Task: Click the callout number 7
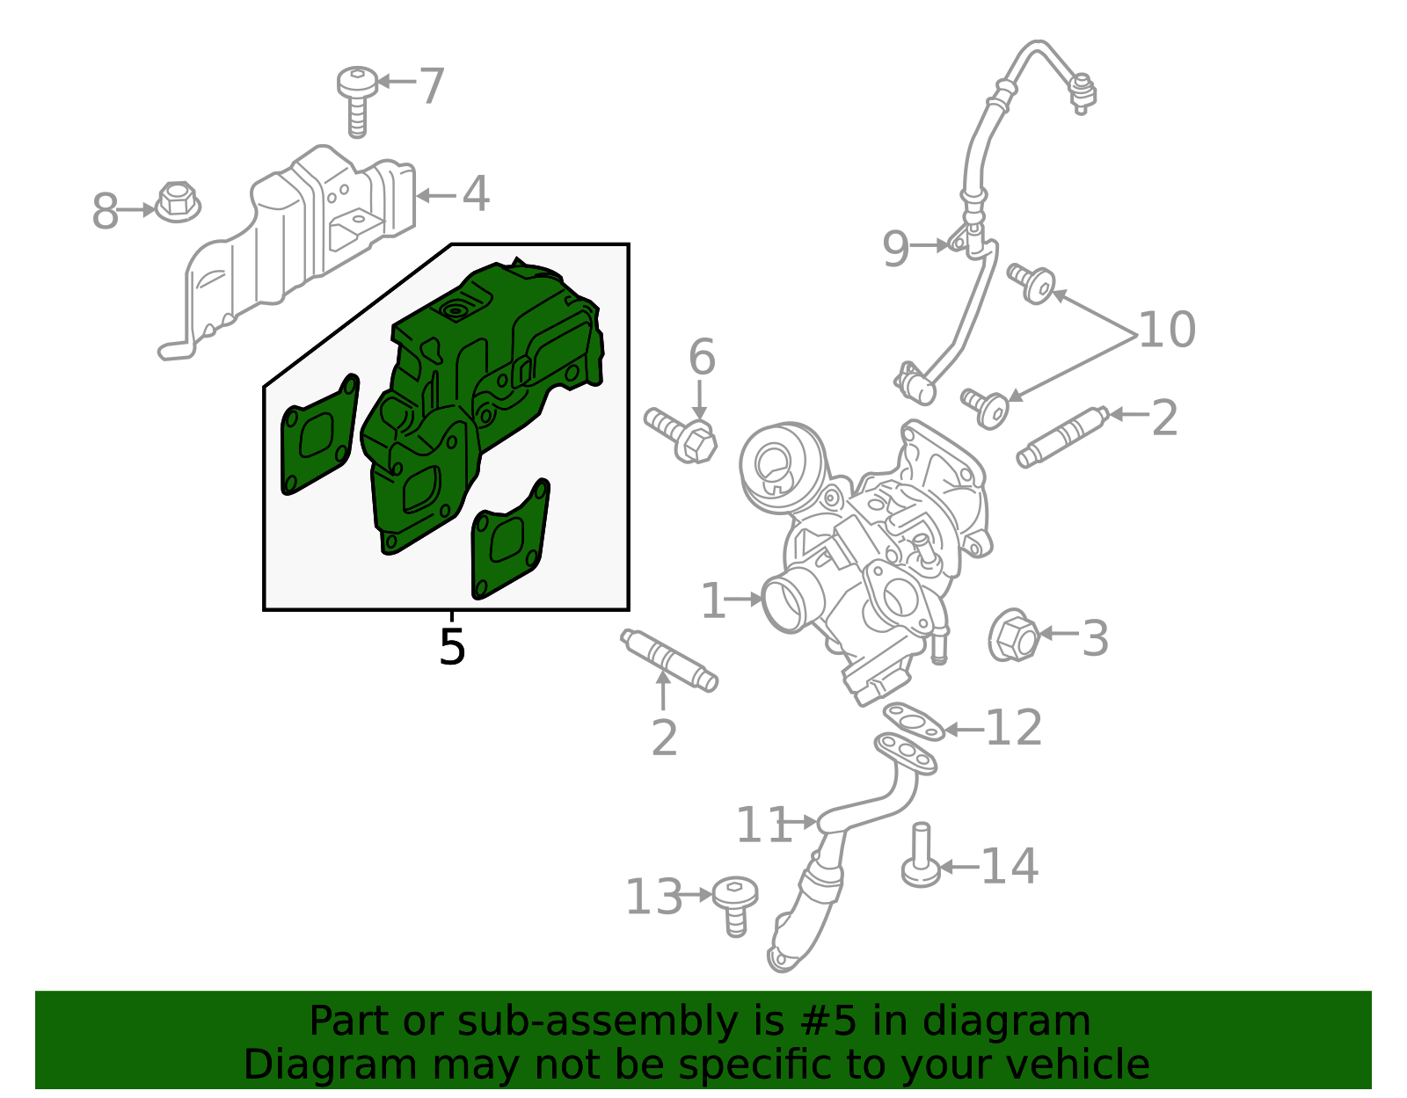pos(432,85)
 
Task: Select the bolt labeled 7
pos(357,101)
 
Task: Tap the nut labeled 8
pos(178,202)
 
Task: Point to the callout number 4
pos(476,193)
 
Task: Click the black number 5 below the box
pos(452,646)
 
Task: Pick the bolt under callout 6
pos(681,435)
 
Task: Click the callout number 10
pos(1166,330)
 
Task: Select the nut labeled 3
pos(1013,635)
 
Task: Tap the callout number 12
pos(1014,728)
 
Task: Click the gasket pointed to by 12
pos(914,722)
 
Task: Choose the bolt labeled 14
pos(921,854)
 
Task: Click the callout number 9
pos(895,249)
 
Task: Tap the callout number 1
pos(713,600)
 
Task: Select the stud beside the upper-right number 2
pos(1062,437)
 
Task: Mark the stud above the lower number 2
pos(669,660)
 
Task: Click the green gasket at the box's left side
pos(319,434)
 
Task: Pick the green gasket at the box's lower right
pos(510,538)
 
